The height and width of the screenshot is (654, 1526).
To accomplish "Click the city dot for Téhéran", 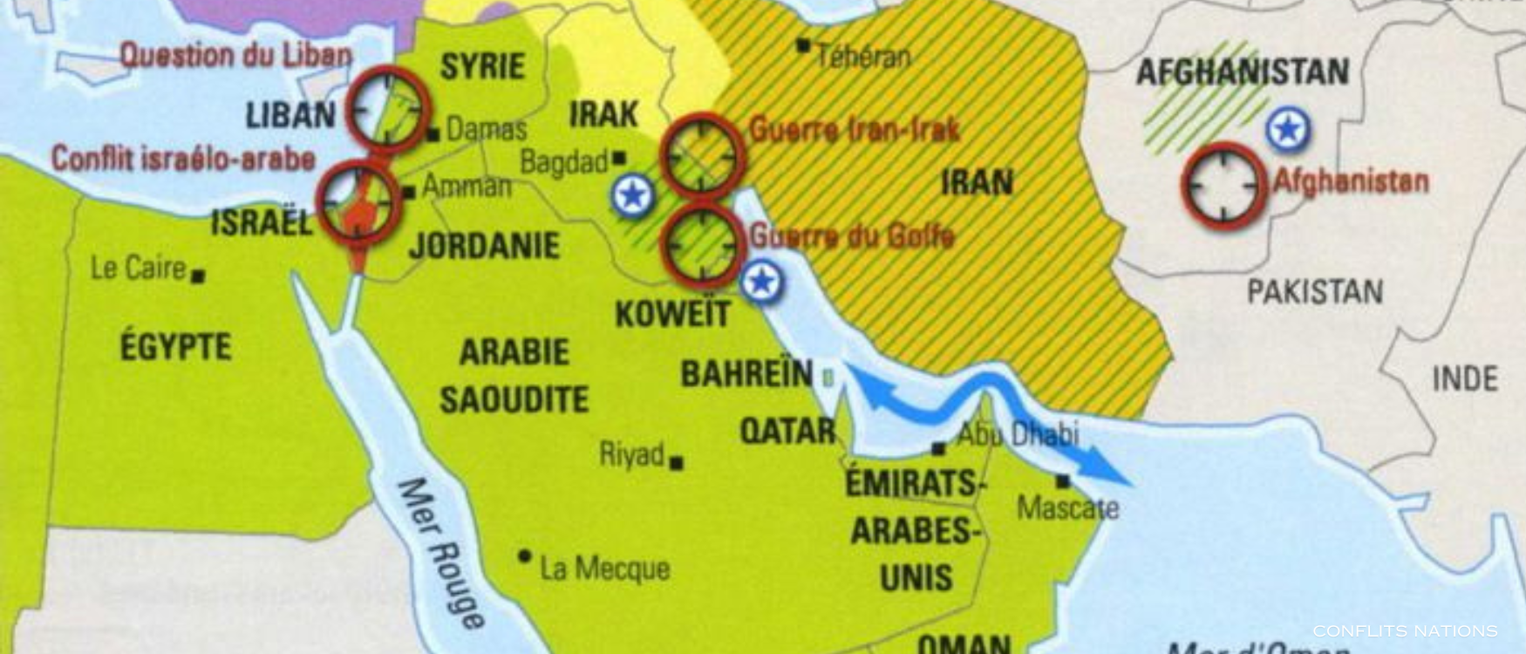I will (803, 45).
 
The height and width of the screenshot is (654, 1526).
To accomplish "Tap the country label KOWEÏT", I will (672, 314).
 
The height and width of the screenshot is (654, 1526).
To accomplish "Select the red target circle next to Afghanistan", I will (1223, 186).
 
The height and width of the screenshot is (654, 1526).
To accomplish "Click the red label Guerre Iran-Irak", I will (854, 130).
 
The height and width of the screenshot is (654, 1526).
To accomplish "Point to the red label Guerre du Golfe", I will (852, 235).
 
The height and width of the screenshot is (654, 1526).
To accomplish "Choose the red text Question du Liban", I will (235, 55).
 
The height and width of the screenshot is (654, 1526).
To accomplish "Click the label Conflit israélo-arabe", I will (183, 159).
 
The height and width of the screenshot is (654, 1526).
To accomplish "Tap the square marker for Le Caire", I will (199, 276).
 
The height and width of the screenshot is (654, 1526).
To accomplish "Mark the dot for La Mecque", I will (524, 555).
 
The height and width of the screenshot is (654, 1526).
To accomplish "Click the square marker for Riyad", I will (676, 463).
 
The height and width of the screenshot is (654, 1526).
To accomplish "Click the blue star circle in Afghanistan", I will (1288, 129).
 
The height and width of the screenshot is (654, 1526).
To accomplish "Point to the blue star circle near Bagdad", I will (633, 195).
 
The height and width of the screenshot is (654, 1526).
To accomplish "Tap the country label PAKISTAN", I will (1315, 291).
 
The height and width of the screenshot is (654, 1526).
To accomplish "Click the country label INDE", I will (1465, 378).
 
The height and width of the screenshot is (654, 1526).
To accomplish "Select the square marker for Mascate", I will (1062, 480).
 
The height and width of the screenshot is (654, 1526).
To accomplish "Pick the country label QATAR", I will (787, 431).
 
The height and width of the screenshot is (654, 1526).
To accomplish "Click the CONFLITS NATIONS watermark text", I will (1405, 630).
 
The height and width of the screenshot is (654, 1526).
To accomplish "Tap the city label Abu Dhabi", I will (1018, 433).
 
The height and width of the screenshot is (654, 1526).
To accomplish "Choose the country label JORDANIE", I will (484, 245).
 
